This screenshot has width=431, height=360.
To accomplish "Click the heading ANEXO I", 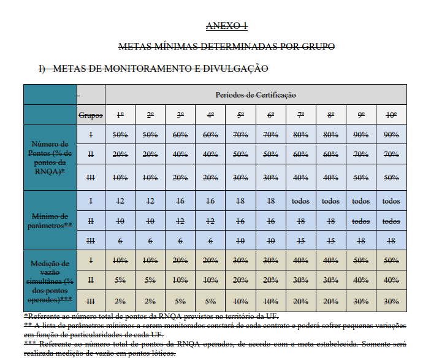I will click(x=226, y=25).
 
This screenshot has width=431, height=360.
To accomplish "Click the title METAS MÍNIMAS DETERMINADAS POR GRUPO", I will click(x=226, y=47).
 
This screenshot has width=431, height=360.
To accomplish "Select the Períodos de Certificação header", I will click(x=256, y=95).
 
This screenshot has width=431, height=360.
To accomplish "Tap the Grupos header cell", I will click(x=91, y=115).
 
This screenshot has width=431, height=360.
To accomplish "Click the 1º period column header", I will click(x=120, y=115).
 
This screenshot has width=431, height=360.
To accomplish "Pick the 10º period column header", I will click(x=391, y=115).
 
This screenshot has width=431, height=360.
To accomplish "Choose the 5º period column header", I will click(x=240, y=115).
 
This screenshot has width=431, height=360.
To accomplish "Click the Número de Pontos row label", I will click(x=51, y=158).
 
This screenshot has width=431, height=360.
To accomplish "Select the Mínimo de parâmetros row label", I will click(x=51, y=220).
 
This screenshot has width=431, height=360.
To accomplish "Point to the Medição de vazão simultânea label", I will click(x=51, y=280).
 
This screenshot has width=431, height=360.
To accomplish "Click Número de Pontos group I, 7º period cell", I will click(x=300, y=134).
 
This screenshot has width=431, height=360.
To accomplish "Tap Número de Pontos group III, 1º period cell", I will click(x=120, y=177).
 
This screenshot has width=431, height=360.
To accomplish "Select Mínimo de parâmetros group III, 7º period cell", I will click(x=300, y=241).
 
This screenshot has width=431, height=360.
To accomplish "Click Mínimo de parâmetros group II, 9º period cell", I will click(x=361, y=221).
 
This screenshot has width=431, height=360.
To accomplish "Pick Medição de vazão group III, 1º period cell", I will click(x=120, y=301).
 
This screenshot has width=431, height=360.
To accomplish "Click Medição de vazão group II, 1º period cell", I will click(x=120, y=281).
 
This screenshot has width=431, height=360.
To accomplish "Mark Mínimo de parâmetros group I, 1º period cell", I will click(x=120, y=201).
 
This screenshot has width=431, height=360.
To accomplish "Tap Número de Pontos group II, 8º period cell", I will click(x=331, y=155).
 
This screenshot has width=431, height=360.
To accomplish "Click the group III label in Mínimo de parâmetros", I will click(x=91, y=241).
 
